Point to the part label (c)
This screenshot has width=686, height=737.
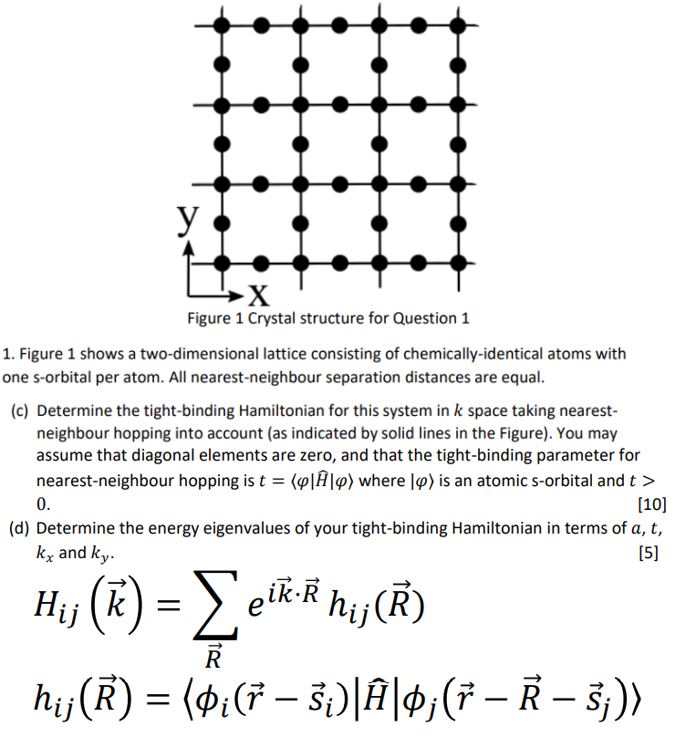[x=20, y=412]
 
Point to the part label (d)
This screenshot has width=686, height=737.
[x=20, y=528]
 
